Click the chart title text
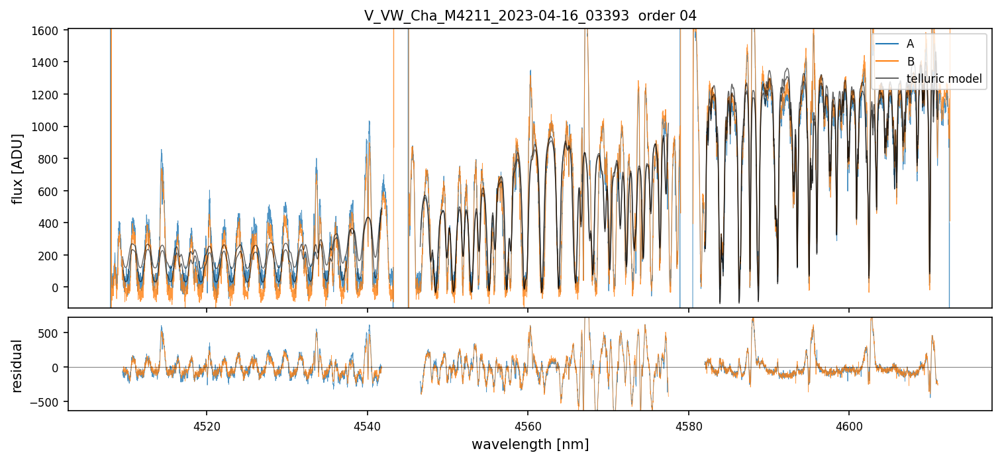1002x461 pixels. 530,16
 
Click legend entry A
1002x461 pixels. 910,44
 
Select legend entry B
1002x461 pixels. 910,62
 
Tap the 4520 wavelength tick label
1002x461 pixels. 206,424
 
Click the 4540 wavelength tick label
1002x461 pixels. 367,424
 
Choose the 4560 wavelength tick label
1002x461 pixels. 528,424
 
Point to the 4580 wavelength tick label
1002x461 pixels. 689,424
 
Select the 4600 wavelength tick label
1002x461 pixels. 850,424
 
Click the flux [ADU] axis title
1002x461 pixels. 19,168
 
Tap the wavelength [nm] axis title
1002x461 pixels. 530,444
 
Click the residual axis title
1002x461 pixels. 19,365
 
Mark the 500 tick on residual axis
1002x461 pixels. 52,333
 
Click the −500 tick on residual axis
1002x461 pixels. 48,401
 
